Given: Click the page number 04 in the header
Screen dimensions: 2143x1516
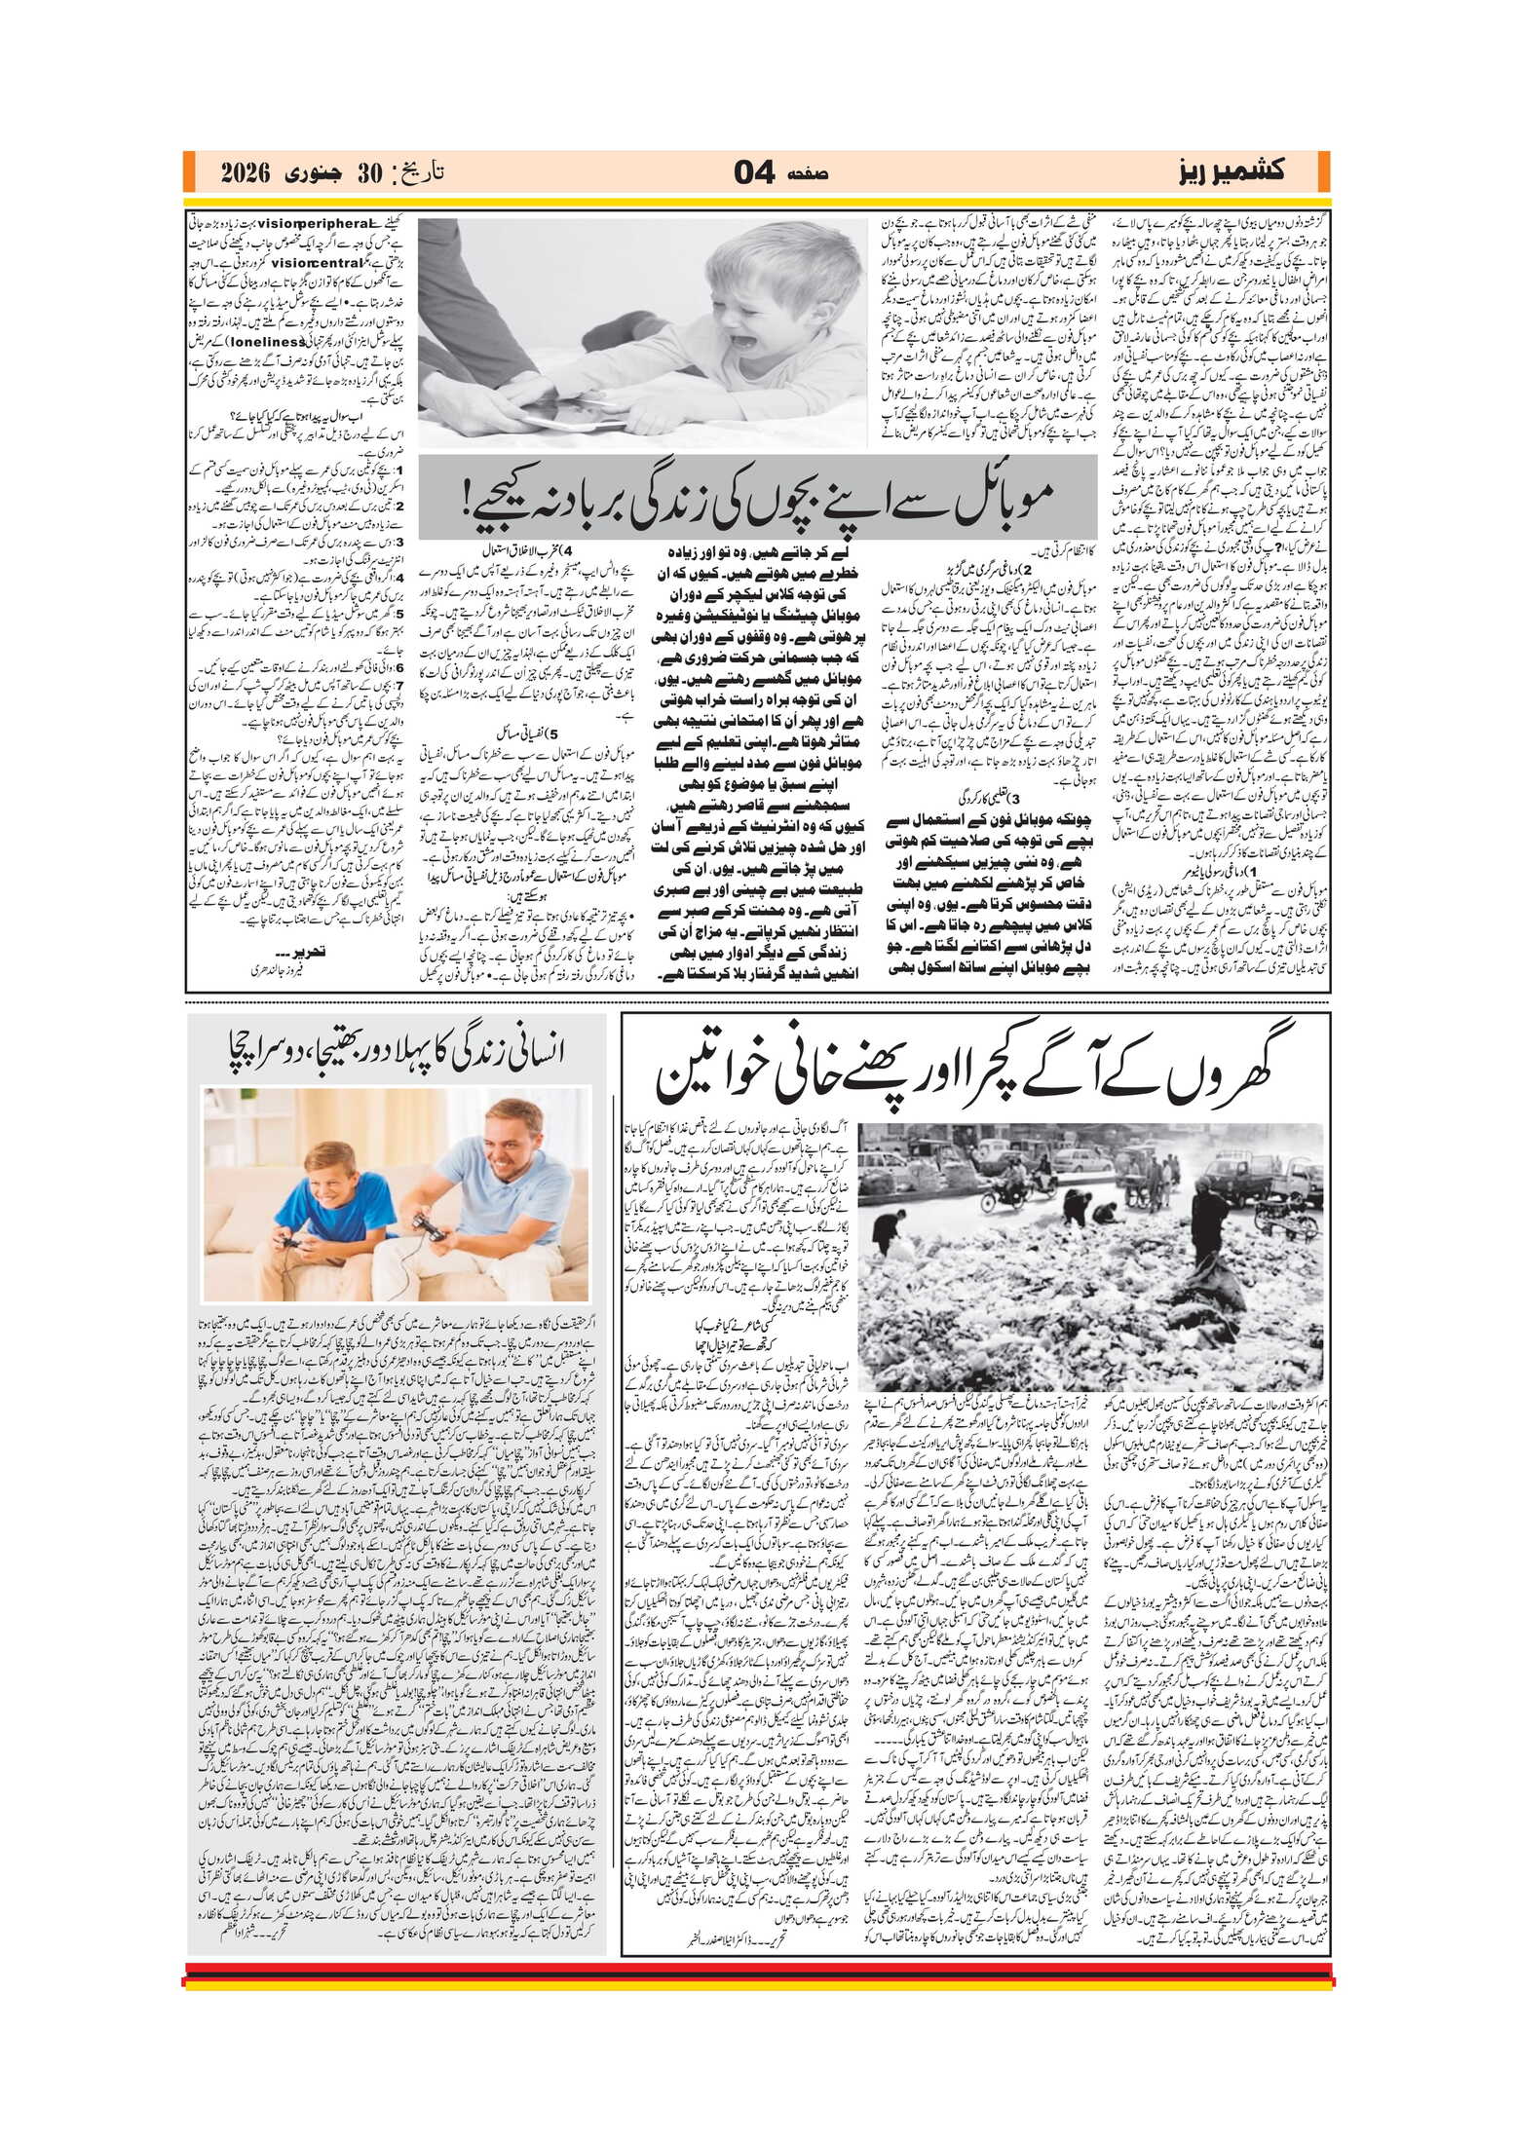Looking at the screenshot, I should (753, 173).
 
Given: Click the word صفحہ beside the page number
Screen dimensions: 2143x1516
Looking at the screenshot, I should (807, 174).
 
